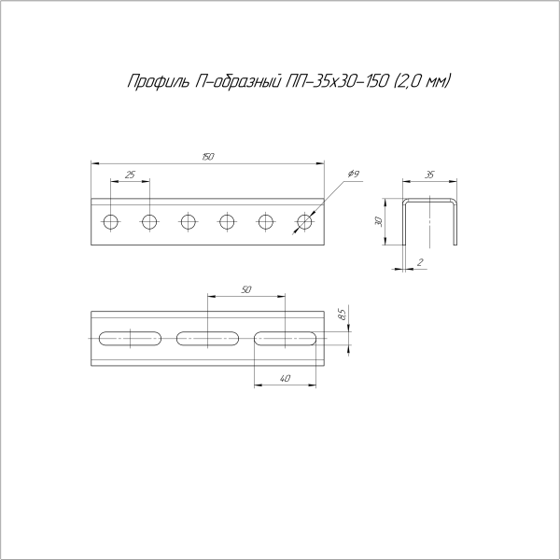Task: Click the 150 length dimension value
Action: point(207,157)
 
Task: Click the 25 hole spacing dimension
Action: point(130,175)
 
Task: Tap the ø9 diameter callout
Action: point(354,175)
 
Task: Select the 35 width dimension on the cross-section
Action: point(429,175)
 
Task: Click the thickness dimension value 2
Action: point(421,263)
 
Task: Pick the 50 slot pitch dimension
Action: point(245,290)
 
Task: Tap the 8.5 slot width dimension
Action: point(343,315)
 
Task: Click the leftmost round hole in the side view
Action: point(111,221)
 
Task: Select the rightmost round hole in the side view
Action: point(304,221)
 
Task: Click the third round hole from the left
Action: point(189,221)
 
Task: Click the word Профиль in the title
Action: point(156,83)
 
